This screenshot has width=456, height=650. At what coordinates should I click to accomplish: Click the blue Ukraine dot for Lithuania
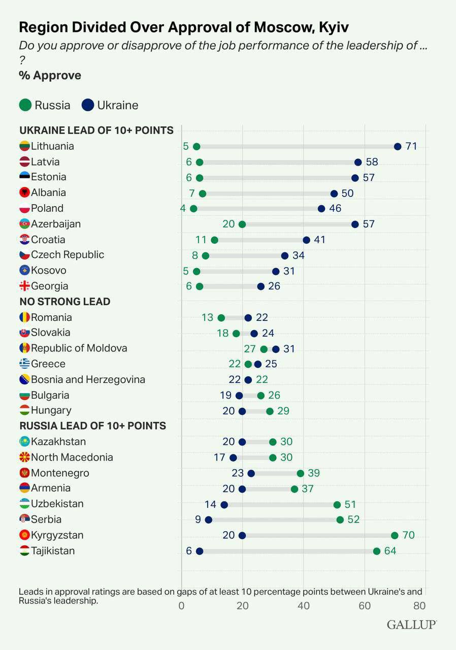(x=398, y=147)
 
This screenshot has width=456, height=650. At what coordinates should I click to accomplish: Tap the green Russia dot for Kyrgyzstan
(x=395, y=535)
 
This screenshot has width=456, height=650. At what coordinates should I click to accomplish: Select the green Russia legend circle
(x=25, y=105)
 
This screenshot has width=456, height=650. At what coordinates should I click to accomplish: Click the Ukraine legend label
(x=117, y=105)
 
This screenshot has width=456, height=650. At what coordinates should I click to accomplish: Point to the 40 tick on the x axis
(x=304, y=606)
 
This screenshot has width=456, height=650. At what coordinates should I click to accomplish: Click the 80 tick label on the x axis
(x=419, y=606)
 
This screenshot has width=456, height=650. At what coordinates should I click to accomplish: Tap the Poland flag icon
(x=24, y=209)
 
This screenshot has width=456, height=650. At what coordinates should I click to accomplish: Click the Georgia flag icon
(x=24, y=286)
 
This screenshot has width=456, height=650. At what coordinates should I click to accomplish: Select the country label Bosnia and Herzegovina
(x=88, y=380)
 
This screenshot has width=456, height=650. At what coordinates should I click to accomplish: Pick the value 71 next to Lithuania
(x=411, y=147)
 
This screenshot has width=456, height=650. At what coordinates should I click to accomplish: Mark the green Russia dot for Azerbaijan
(x=242, y=224)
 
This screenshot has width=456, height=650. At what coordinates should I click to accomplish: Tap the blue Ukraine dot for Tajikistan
(x=200, y=551)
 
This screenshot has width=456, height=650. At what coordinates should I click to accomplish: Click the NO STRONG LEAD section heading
(x=65, y=302)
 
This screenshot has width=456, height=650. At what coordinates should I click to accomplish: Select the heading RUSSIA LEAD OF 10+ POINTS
(x=93, y=426)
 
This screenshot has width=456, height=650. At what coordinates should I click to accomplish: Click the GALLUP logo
(x=411, y=625)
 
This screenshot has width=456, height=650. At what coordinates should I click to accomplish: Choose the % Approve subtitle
(x=50, y=76)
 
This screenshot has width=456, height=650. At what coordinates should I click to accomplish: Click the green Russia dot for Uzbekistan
(x=337, y=504)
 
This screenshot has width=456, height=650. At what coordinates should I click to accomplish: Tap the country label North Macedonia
(x=72, y=458)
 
